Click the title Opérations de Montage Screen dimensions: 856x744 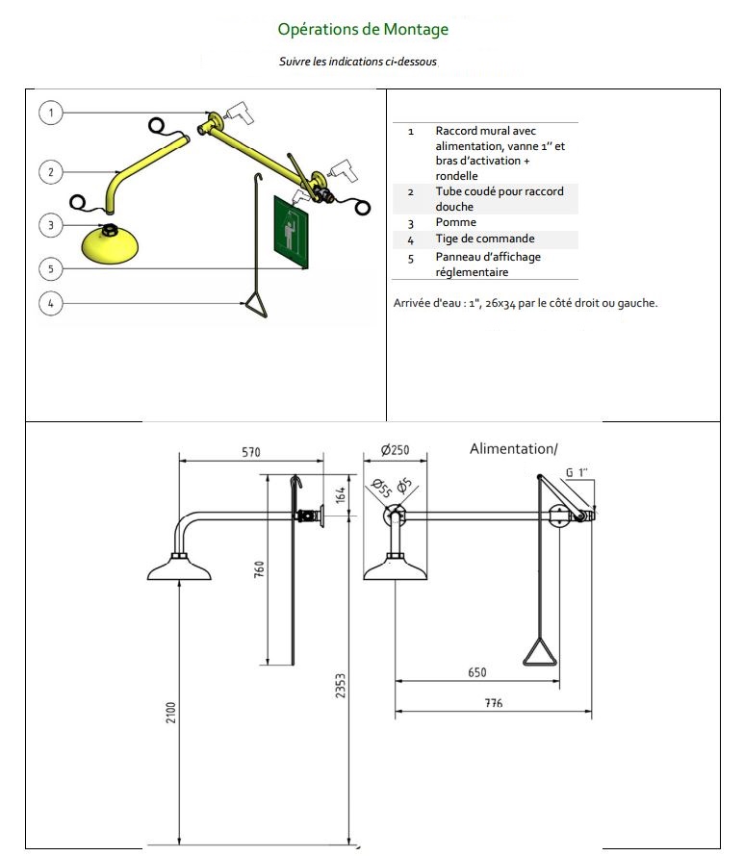[x=363, y=30]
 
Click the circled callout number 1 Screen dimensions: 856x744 [x=51, y=113]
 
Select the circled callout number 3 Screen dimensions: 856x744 [x=51, y=225]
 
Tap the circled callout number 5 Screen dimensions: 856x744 [x=51, y=267]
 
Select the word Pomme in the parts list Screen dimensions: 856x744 [x=455, y=222]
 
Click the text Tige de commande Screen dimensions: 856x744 [x=484, y=239]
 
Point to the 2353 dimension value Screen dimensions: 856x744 [x=340, y=687]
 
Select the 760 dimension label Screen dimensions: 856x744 [x=259, y=568]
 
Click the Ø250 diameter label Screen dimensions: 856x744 [x=394, y=450]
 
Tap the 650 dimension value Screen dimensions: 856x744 [x=476, y=672]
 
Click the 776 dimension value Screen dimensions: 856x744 [x=494, y=704]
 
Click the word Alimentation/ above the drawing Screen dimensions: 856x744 [x=513, y=448]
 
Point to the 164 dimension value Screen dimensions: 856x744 [x=339, y=496]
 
